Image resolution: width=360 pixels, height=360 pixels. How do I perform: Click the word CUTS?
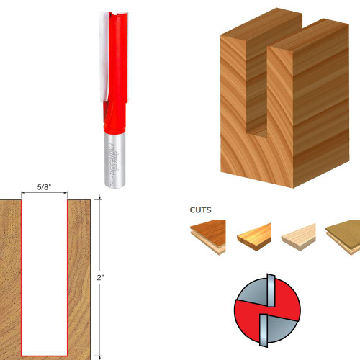[201, 212]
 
